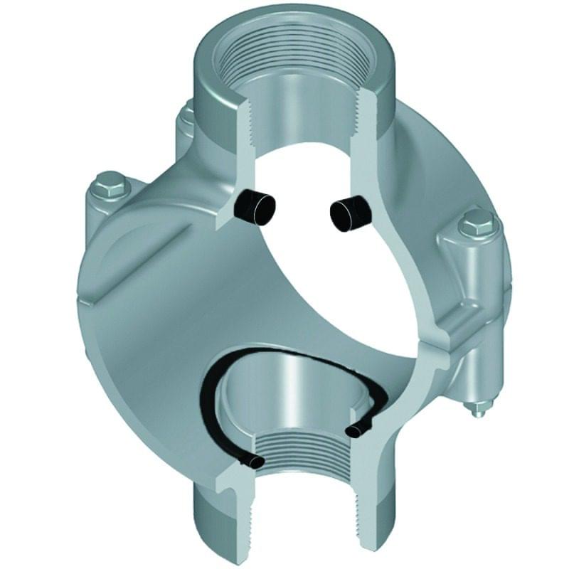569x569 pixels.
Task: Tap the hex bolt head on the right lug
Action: point(476,226)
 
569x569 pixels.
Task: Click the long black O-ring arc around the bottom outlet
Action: point(213,398)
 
